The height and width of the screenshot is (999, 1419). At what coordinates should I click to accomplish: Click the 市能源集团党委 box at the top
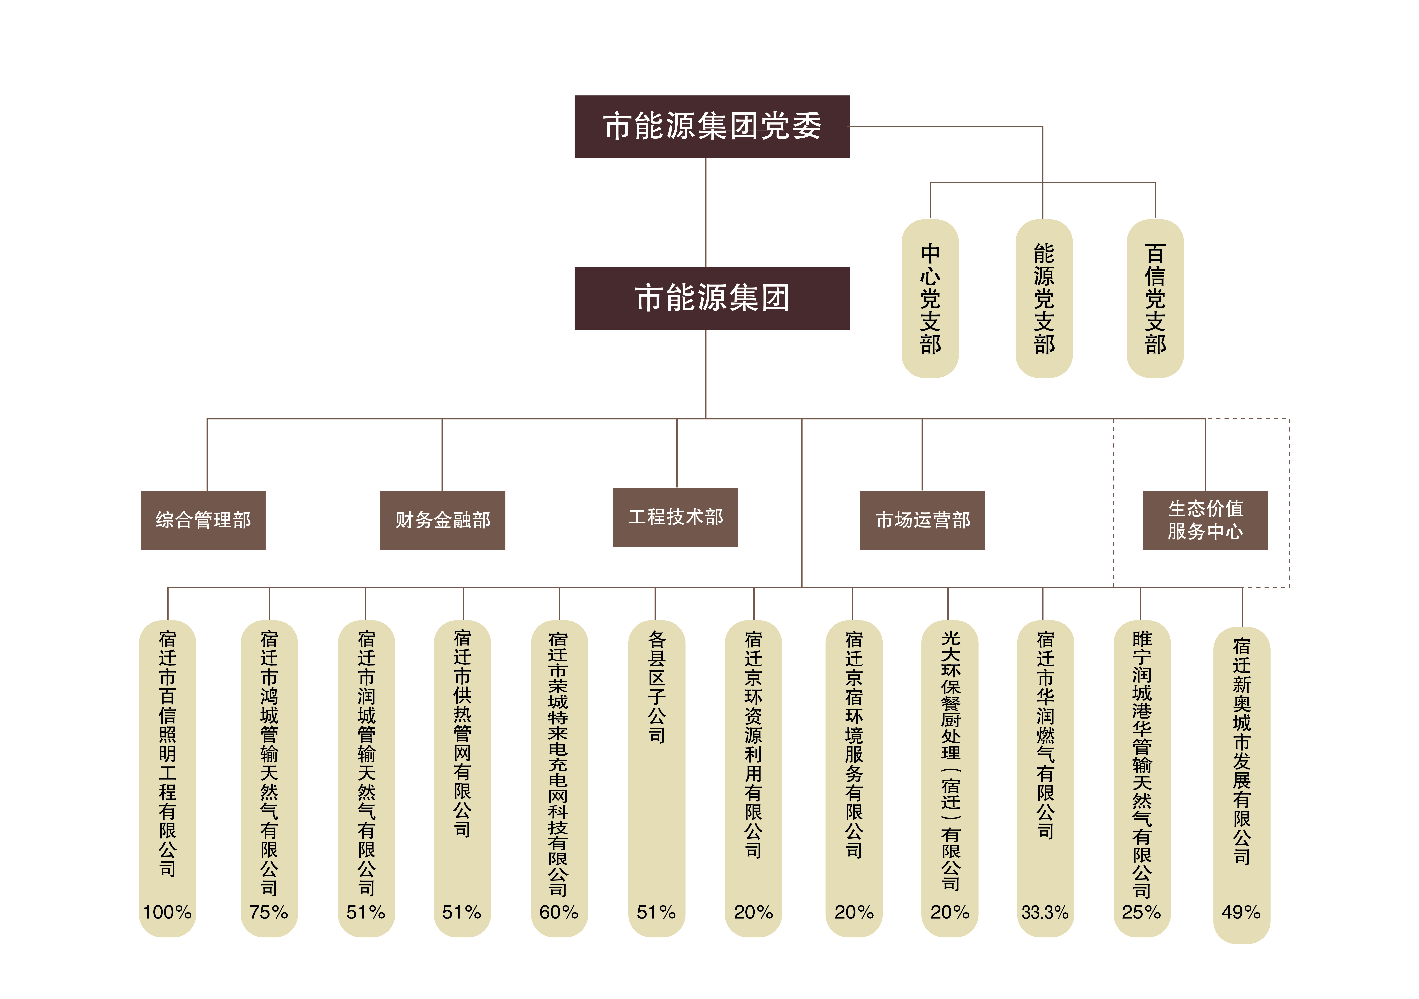(712, 127)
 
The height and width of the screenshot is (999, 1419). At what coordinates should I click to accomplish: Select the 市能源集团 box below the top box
(712, 299)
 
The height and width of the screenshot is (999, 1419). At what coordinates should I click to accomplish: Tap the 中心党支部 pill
(930, 299)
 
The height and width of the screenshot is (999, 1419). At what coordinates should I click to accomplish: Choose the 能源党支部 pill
(1044, 299)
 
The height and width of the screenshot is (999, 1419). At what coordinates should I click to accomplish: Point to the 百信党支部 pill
(1155, 299)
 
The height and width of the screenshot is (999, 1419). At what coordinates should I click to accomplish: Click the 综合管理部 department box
(203, 521)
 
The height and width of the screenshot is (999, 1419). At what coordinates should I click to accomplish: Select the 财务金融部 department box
(442, 521)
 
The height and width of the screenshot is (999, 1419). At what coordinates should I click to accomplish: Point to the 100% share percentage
(168, 912)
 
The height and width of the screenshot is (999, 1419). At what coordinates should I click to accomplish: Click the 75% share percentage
(269, 912)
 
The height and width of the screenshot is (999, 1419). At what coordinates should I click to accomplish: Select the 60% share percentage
(559, 912)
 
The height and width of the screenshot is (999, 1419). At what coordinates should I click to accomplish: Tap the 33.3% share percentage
(1045, 912)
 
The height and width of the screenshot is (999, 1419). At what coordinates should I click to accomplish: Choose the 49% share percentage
(1241, 912)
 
